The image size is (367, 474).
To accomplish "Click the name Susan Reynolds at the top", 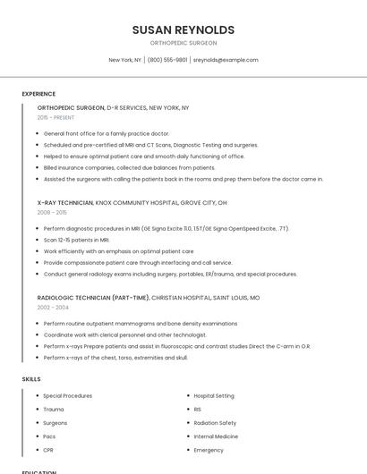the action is (183, 30).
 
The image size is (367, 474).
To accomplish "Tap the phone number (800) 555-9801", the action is (167, 60).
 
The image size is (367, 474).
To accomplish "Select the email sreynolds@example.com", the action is (226, 60).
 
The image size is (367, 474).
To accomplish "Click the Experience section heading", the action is (38, 94).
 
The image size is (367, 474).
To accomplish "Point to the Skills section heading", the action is (31, 379).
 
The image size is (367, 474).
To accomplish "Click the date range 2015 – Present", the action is (56, 117).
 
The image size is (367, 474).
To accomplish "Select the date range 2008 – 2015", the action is (52, 213).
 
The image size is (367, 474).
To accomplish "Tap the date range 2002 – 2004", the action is (52, 307).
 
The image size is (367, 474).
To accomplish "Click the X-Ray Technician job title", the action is (64, 203).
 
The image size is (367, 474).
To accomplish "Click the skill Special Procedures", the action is (67, 395).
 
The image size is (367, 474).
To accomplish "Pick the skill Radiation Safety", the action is (215, 423).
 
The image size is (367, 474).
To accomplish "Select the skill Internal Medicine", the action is (216, 436).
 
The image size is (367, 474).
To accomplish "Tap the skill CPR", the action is (48, 450).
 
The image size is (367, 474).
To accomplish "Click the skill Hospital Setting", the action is (214, 395).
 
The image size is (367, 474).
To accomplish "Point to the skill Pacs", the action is (50, 436).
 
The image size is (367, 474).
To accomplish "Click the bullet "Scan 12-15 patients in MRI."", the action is (76, 240).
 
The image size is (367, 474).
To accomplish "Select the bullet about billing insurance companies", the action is (129, 168).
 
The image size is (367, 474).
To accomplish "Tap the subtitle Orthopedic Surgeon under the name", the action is (183, 43).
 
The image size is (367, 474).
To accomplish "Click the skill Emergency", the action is (209, 450).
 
